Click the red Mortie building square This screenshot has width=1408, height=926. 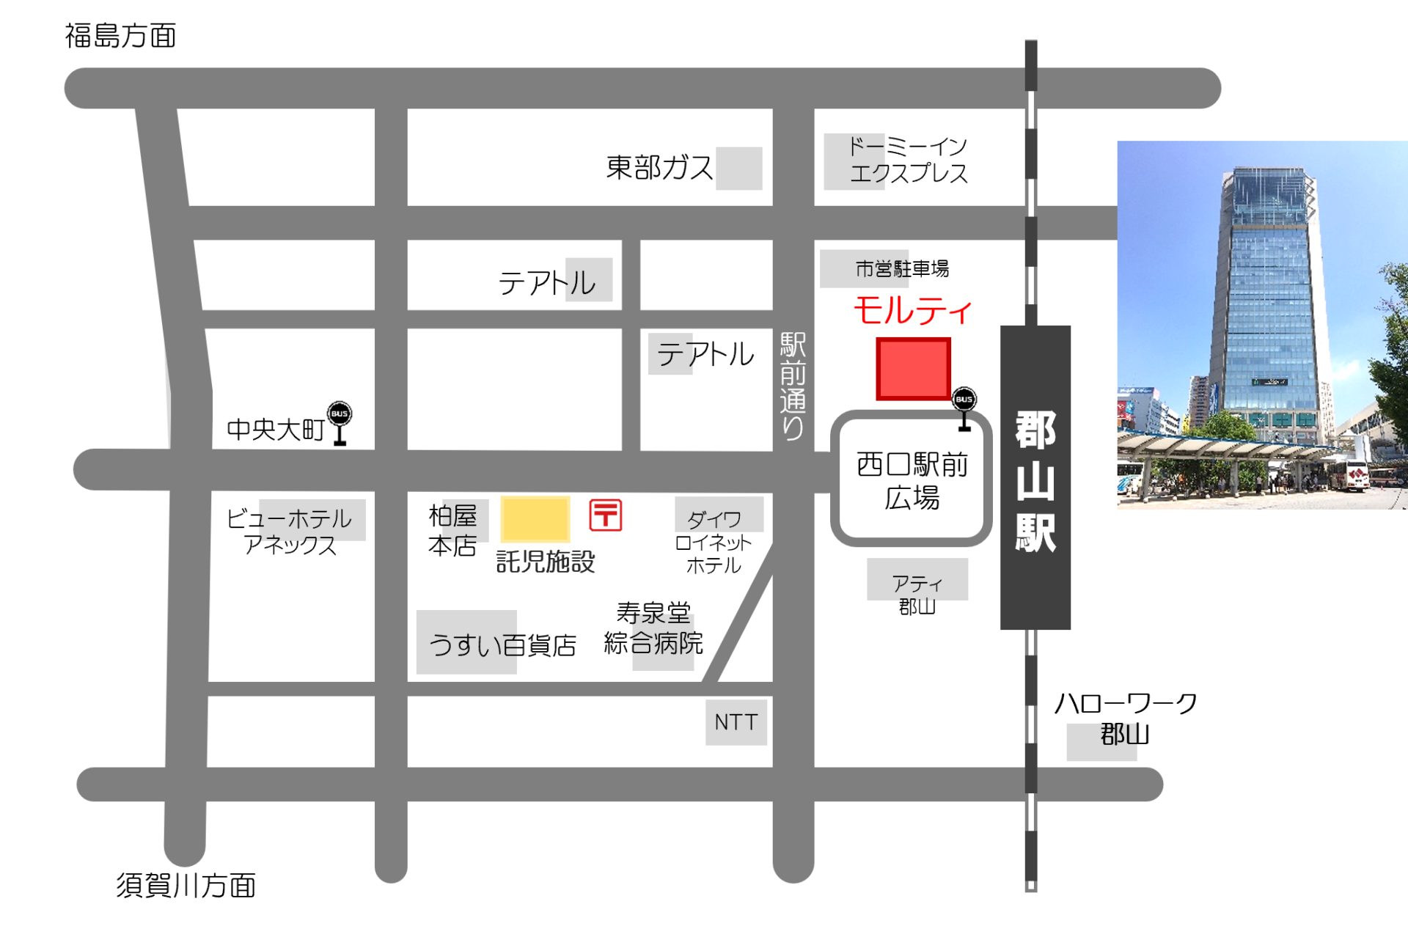[913, 369]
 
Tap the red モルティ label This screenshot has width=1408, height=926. [913, 310]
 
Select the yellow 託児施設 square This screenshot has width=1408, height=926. [535, 519]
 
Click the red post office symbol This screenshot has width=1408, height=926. [606, 515]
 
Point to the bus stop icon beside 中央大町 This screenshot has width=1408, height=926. [340, 423]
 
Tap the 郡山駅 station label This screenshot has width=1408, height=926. [1035, 481]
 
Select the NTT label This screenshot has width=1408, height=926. [736, 723]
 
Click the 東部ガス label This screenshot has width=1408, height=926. [659, 168]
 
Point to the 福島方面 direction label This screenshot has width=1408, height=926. [121, 36]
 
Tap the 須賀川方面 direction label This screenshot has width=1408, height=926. [186, 886]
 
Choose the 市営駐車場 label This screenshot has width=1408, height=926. [902, 269]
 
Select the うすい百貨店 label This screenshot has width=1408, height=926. [503, 645]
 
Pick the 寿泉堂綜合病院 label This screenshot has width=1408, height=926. [653, 628]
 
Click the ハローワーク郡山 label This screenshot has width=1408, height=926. [1126, 719]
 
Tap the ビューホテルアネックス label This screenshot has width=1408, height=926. [289, 532]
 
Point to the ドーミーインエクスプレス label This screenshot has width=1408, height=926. [908, 160]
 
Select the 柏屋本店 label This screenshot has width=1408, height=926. [452, 530]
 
